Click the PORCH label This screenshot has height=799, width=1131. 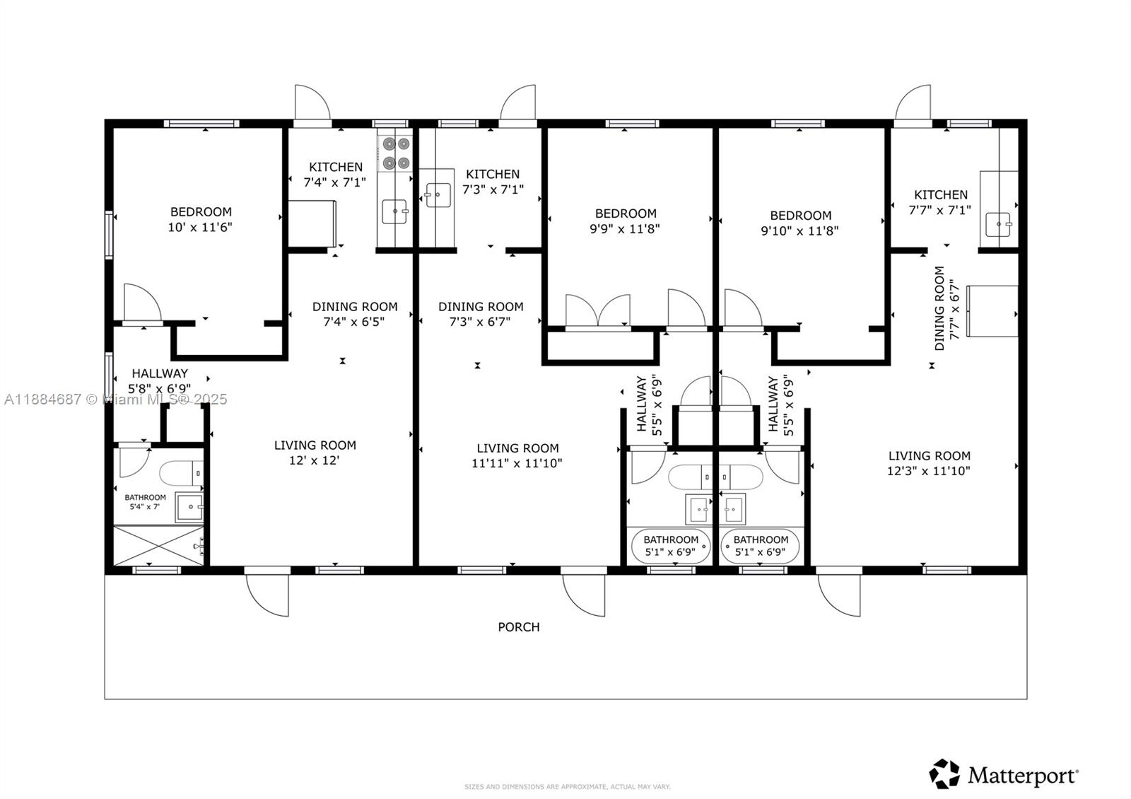click(518, 627)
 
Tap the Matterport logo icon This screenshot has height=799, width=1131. click(944, 774)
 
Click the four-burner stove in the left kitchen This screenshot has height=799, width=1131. click(395, 153)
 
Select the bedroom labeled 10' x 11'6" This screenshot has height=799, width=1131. click(200, 219)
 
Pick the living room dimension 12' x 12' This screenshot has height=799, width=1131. click(315, 460)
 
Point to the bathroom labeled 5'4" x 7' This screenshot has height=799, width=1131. click(145, 502)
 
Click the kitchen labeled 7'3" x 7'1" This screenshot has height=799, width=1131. click(493, 182)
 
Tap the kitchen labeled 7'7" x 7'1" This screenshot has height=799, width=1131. click(940, 202)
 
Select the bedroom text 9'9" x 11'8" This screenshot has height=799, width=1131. click(625, 228)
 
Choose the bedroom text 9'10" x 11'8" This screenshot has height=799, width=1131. click(799, 231)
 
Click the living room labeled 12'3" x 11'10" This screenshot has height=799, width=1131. click(929, 463)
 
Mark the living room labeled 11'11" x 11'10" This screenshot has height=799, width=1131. click(517, 456)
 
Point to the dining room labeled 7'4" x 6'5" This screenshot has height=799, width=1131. click(354, 314)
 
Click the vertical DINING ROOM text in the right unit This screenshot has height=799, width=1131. click(939, 308)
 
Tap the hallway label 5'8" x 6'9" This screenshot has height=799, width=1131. click(160, 381)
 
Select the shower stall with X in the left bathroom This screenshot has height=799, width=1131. click(158, 545)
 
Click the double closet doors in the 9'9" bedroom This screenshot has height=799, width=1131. click(597, 311)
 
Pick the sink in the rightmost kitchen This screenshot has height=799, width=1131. click(1000, 226)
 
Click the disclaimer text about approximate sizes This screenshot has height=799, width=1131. click(567, 786)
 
